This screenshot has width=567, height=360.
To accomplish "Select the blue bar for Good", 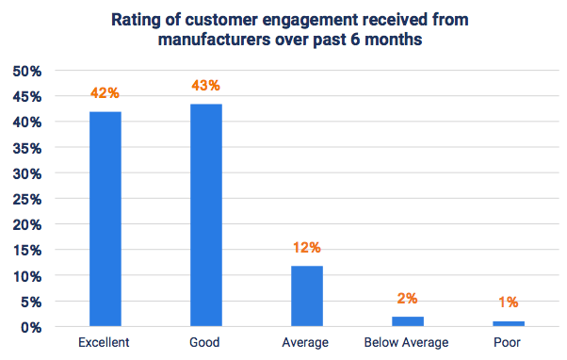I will tap(205, 215).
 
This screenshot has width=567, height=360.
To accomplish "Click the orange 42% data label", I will tap(105, 93).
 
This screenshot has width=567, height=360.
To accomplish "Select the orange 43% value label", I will tap(205, 87).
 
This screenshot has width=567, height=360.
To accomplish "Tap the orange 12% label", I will tap(306, 248).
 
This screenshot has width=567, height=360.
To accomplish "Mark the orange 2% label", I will tap(407, 299).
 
